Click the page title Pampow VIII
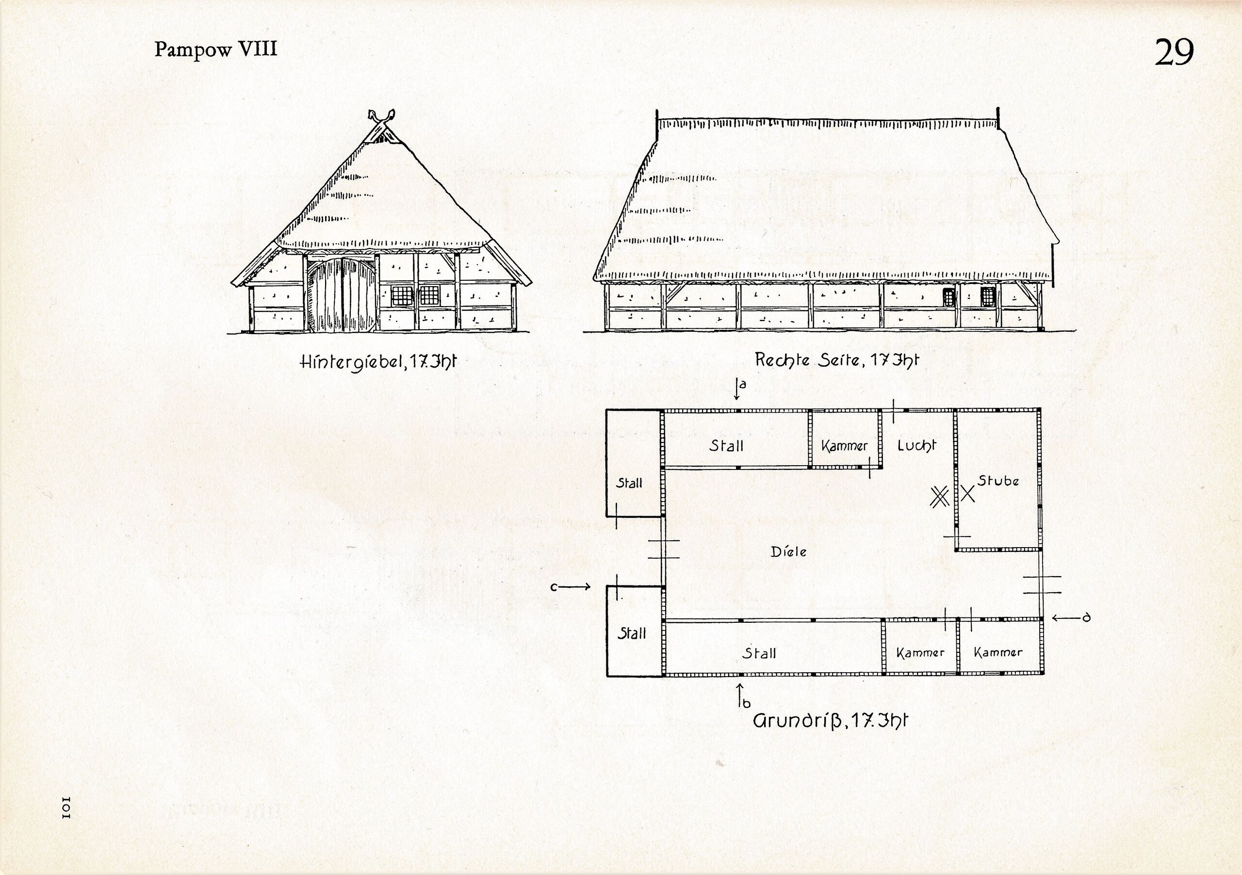216,49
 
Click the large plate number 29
1175,52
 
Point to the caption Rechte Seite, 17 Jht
836,359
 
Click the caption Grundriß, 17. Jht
830,721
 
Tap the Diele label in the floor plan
789,551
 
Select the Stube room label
998,481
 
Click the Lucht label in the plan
916,446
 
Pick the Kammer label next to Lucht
844,446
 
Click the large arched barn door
342,295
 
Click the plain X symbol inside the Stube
968,493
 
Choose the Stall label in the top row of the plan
726,446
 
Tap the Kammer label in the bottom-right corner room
998,652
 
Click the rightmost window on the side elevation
988,297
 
